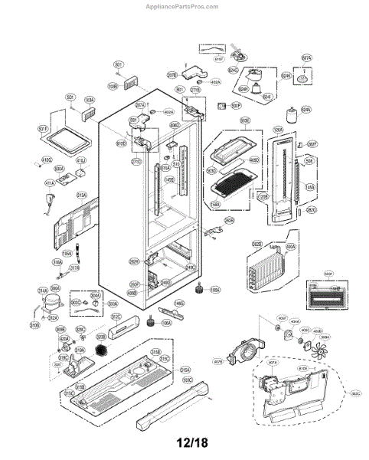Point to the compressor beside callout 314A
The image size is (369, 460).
[x=50, y=301]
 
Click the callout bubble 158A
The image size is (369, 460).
[x=216, y=205]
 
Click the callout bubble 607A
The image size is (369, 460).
[x=306, y=58]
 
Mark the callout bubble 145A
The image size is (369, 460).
[x=310, y=186]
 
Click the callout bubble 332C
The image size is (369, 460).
[x=355, y=394]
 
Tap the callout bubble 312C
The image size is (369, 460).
[x=116, y=316]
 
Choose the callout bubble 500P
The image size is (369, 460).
[x=236, y=105]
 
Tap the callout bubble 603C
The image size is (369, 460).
[x=77, y=303]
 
